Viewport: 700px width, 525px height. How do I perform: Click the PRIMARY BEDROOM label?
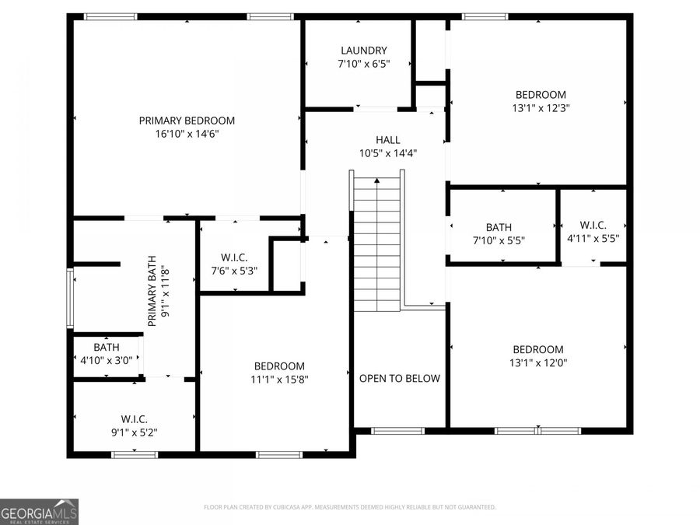(187, 121)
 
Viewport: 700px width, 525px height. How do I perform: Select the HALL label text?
(388, 140)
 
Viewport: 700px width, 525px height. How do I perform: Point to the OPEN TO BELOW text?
(399, 379)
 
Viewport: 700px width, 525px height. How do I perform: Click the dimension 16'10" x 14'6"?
(187, 135)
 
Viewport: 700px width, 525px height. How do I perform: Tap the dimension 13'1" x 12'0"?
(537, 363)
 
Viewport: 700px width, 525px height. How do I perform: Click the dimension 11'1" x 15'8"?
(279, 380)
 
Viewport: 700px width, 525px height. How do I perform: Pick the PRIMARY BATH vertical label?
(158, 291)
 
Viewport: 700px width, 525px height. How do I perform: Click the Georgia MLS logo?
(39, 512)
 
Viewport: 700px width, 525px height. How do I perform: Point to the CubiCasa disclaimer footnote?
(349, 507)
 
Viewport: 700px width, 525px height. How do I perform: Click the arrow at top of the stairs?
(377, 181)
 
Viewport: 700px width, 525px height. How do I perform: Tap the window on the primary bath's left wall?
(70, 298)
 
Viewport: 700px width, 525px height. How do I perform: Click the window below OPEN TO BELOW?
(397, 430)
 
